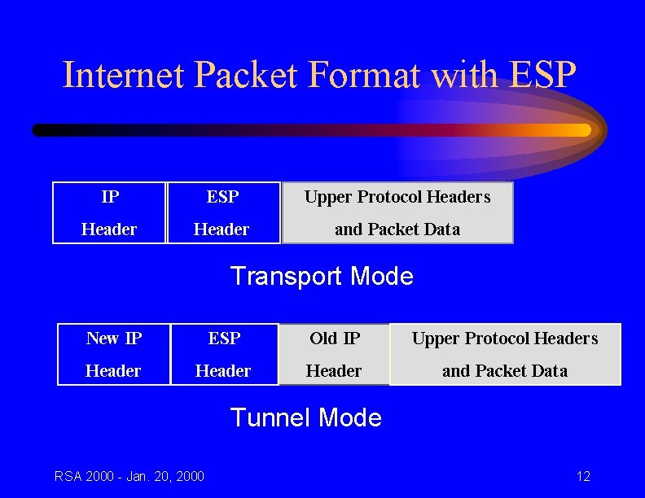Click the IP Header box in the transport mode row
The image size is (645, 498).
pyautogui.click(x=109, y=212)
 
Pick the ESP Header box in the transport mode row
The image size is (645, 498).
pyautogui.click(x=222, y=212)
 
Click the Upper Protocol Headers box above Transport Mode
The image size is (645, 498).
pyautogui.click(x=397, y=212)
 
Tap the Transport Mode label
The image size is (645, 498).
pyautogui.click(x=322, y=277)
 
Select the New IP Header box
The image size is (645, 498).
pyautogui.click(x=113, y=354)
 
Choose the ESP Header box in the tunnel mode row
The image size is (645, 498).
pyautogui.click(x=224, y=354)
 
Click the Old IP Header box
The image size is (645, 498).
pyautogui.click(x=334, y=354)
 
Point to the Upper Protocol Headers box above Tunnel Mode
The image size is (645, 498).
pyautogui.click(x=505, y=354)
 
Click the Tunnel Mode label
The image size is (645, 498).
pyautogui.click(x=306, y=418)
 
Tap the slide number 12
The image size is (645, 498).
pyautogui.click(x=583, y=476)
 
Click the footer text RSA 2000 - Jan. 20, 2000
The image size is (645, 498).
pyautogui.click(x=129, y=476)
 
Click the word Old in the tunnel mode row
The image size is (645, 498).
pyautogui.click(x=323, y=338)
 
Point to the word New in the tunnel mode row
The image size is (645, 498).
pyautogui.click(x=103, y=338)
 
